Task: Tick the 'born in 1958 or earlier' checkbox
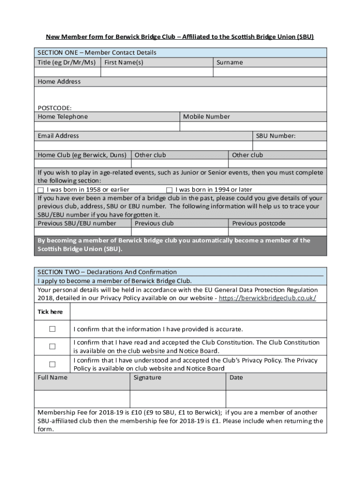40,190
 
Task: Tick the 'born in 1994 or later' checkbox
169,190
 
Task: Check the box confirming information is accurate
52,329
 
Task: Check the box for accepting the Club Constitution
52,347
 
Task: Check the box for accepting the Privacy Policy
52,364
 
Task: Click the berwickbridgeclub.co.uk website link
267,298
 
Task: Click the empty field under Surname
270,72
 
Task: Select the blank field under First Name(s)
157,72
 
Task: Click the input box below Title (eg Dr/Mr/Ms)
67,72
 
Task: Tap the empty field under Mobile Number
253,126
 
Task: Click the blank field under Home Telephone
107,126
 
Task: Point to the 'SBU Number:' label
276,136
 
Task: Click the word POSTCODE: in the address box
55,108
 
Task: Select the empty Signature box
178,399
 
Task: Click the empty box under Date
276,399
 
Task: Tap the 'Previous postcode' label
259,224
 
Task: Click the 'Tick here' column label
50,312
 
